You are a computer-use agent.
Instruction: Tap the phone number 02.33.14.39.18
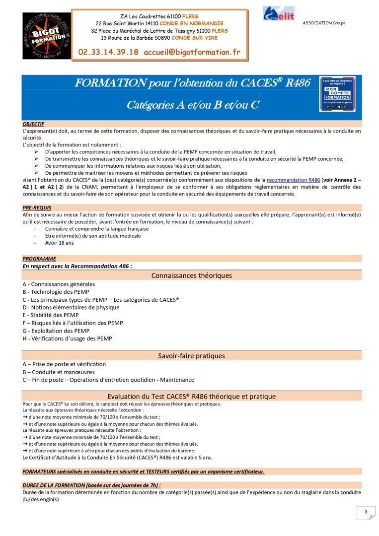[108, 52]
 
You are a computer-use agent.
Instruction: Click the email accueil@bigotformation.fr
[192, 52]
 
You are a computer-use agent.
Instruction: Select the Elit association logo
[279, 14]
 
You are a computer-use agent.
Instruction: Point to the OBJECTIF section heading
[33, 124]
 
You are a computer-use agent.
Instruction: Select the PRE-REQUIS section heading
[37, 207]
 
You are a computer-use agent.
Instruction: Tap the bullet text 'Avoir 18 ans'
[59, 243]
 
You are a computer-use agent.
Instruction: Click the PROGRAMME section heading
[39, 259]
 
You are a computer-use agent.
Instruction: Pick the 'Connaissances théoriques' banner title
[191, 275]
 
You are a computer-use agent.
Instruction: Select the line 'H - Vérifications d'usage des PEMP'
[67, 338]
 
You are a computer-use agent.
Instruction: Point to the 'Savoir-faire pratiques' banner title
[191, 356]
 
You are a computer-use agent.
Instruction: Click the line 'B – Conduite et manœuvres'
[59, 372]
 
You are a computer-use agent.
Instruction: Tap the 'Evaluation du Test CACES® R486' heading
[191, 396]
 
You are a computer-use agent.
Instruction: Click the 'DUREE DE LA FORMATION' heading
[92, 485]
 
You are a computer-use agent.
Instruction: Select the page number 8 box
[366, 512]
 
